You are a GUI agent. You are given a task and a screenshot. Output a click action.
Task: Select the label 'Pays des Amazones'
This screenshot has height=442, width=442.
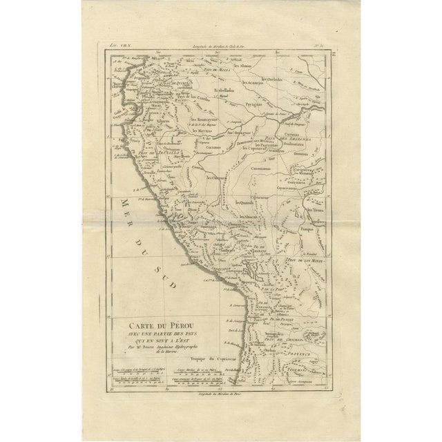(x=297, y=137)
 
